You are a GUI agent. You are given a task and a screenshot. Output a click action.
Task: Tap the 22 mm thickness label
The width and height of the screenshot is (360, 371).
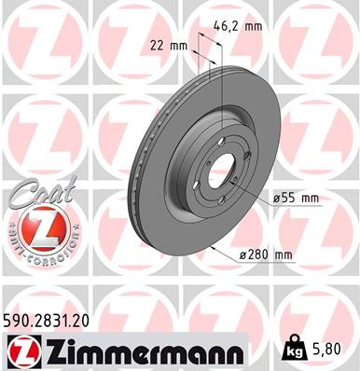coord(169,45)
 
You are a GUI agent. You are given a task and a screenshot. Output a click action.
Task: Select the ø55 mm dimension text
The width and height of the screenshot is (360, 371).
coord(296,198)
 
